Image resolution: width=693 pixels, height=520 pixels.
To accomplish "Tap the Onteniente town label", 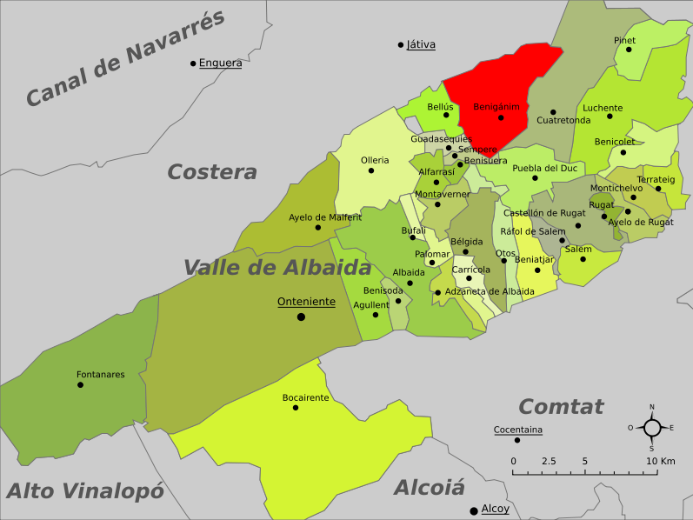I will point(306,302).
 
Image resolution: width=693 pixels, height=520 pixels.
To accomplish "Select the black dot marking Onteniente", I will point(301,317).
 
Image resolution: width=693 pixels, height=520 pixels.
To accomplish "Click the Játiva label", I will point(421,44).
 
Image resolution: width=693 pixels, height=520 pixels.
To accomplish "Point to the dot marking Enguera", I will point(193,63).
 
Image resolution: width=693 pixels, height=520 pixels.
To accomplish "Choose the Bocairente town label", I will point(305,397).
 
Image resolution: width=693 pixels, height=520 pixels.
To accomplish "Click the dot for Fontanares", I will point(80,384).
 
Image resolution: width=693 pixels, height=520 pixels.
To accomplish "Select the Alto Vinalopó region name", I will point(84,491).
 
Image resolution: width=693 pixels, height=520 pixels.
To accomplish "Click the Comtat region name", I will point(560,406).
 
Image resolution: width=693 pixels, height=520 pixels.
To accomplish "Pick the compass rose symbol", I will point(651,427).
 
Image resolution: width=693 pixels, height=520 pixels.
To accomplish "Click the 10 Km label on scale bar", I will point(661,461).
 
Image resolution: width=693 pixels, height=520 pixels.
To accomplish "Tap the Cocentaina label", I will point(517,430).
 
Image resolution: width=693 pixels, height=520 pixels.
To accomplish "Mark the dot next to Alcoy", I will point(473,510).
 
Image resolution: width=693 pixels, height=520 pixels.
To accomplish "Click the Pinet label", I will point(624,40).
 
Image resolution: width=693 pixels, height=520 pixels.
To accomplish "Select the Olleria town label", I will point(375,160).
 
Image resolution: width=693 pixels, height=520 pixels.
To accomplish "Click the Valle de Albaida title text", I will point(277,268).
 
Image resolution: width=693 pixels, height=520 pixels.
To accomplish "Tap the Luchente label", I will point(603,108).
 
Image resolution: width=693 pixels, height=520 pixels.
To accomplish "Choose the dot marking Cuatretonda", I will point(552,112).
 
